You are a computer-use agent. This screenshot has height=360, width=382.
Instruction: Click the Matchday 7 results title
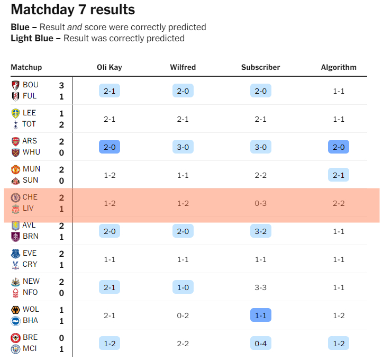click(72, 10)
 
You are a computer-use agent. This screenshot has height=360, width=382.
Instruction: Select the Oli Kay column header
click(110, 67)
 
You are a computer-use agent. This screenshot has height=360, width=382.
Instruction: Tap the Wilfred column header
click(183, 67)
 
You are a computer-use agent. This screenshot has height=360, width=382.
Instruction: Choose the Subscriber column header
click(260, 67)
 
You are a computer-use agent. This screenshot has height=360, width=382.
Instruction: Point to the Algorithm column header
click(339, 67)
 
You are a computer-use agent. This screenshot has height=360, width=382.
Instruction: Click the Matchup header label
click(26, 67)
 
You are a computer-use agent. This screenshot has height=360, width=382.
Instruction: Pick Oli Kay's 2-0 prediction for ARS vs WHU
click(110, 147)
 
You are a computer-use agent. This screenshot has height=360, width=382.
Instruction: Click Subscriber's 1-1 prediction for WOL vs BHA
click(260, 315)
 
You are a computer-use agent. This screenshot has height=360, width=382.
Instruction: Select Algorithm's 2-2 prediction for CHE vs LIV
click(339, 203)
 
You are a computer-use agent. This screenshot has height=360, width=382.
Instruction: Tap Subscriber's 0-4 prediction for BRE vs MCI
click(260, 343)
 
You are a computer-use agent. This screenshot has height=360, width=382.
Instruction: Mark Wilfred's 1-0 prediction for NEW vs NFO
click(183, 287)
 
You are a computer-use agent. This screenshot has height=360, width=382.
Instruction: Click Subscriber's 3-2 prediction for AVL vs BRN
click(260, 231)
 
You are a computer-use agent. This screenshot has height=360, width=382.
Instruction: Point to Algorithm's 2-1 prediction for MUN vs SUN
click(339, 175)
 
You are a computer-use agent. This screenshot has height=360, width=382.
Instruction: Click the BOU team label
click(31, 85)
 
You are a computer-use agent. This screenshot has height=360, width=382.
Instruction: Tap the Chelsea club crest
click(15, 197)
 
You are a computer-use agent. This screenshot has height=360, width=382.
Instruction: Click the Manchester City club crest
click(15, 349)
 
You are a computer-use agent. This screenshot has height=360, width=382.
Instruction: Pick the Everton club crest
click(15, 254)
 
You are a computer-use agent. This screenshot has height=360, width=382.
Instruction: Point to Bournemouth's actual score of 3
click(61, 85)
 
